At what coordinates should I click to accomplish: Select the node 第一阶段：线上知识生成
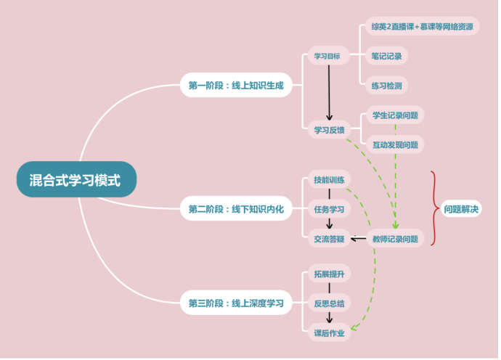(x=236, y=86)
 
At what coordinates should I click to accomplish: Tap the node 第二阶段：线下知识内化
(x=236, y=209)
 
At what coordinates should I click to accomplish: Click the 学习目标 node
(x=327, y=56)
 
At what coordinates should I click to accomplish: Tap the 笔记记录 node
(x=386, y=56)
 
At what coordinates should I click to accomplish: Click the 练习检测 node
(x=386, y=86)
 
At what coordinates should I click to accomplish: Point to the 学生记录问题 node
(x=394, y=115)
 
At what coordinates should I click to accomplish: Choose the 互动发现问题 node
(x=394, y=144)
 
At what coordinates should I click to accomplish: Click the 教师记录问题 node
(x=395, y=238)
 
